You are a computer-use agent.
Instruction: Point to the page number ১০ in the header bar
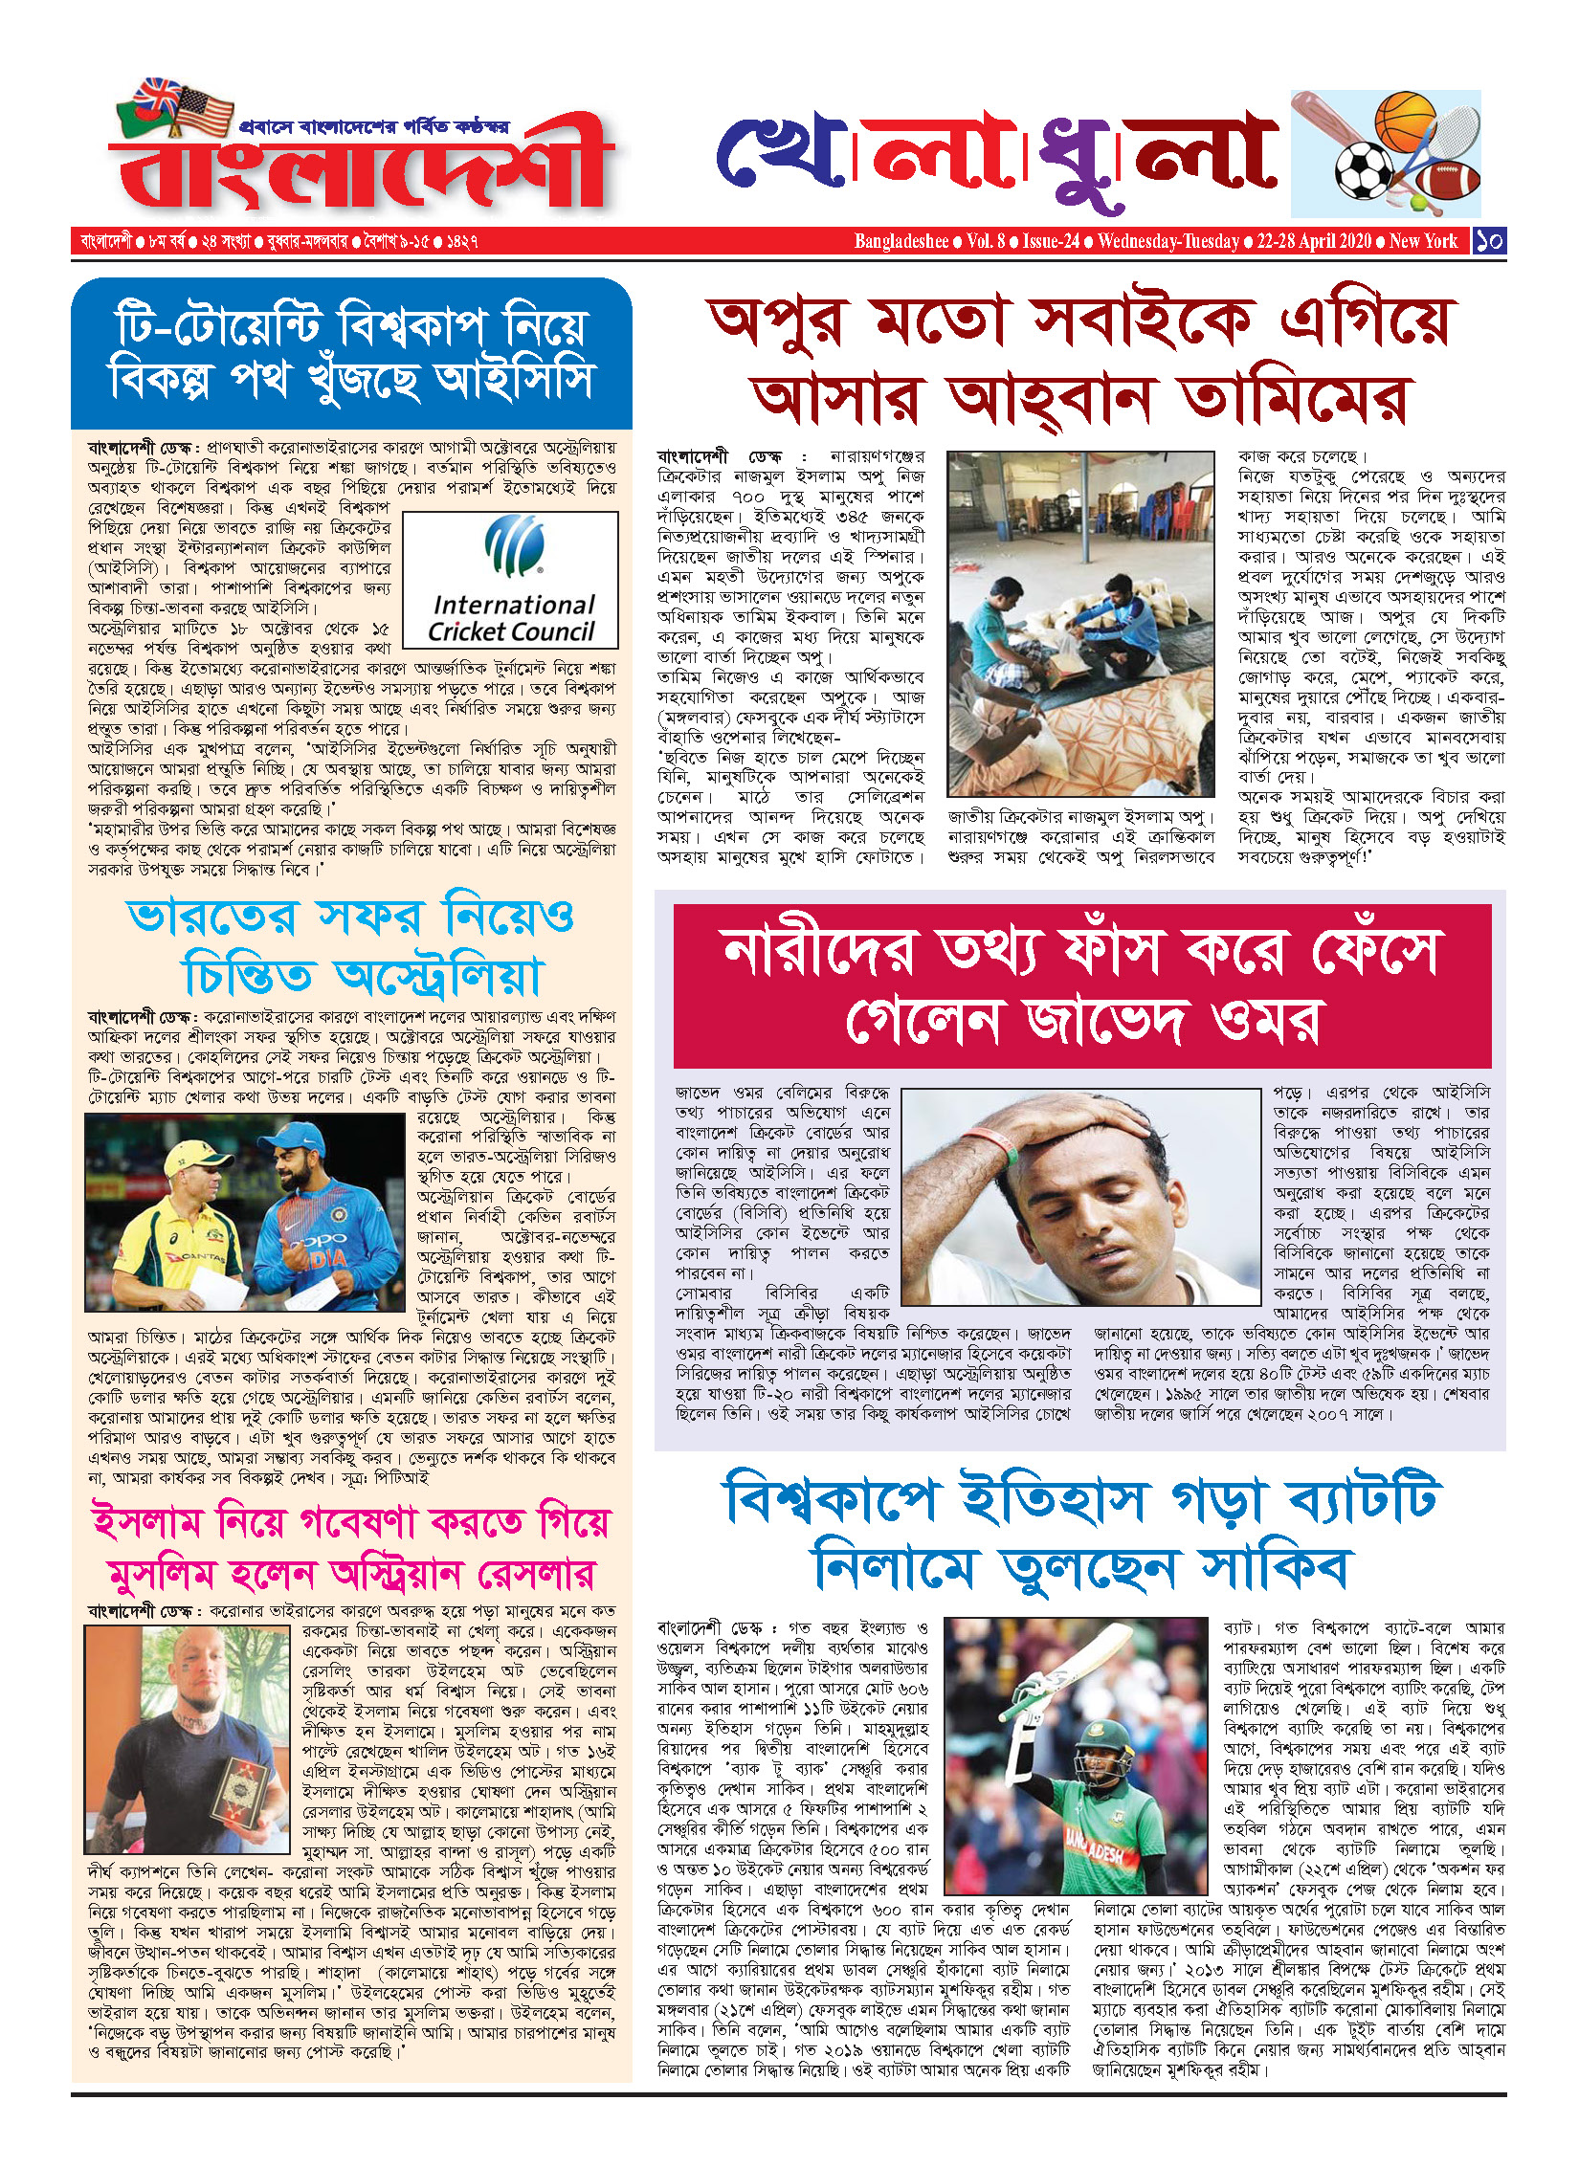(x=1489, y=240)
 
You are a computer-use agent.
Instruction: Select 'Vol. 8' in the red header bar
(x=986, y=241)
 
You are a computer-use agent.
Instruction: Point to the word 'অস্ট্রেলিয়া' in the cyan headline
(x=438, y=977)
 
